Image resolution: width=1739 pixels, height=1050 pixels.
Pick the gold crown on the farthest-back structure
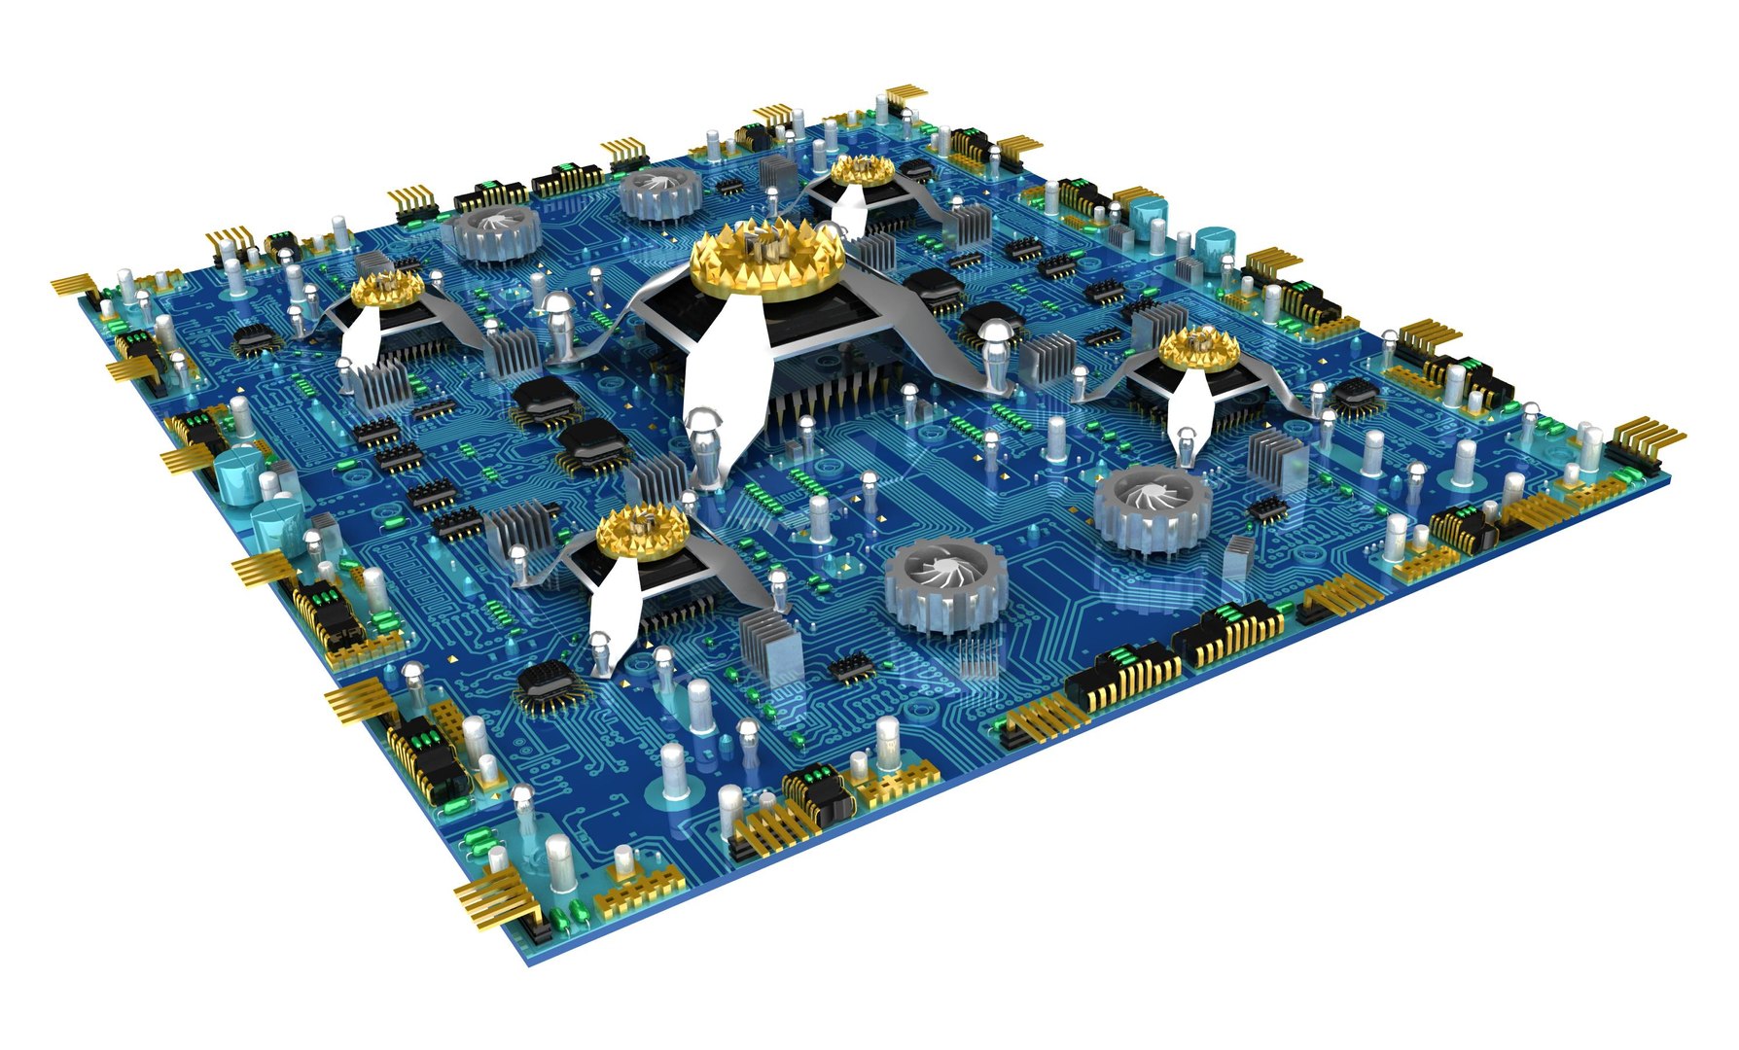click(x=862, y=170)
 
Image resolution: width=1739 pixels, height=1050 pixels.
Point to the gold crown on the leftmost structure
click(x=388, y=289)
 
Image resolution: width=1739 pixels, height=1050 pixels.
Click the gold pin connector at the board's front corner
click(x=497, y=900)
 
